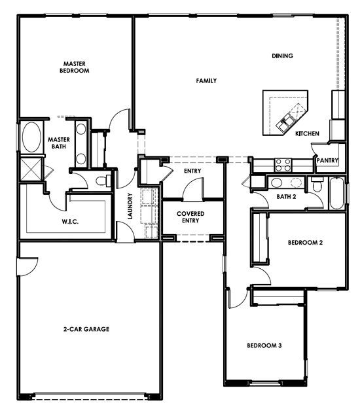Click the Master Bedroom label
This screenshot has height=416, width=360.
coord(75,67)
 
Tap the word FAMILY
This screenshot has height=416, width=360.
coord(206,80)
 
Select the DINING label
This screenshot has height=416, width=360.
coord(283,56)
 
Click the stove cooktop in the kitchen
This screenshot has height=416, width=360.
coord(283,165)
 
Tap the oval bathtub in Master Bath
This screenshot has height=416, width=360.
coord(31,137)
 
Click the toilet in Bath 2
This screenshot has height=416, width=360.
coord(317,184)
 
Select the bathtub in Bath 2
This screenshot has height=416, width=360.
coord(336,193)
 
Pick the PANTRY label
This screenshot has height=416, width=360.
coord(327,160)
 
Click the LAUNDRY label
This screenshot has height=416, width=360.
coord(130,206)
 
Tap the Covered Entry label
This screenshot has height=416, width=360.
coord(190,217)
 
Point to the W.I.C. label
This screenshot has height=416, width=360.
coord(70,222)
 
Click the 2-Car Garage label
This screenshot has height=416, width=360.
coord(86,329)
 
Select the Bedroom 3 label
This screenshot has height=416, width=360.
coord(264,345)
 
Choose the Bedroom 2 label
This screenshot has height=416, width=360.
coord(305,243)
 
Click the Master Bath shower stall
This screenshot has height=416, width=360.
coord(31,169)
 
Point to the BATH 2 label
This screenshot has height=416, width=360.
coord(286,197)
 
